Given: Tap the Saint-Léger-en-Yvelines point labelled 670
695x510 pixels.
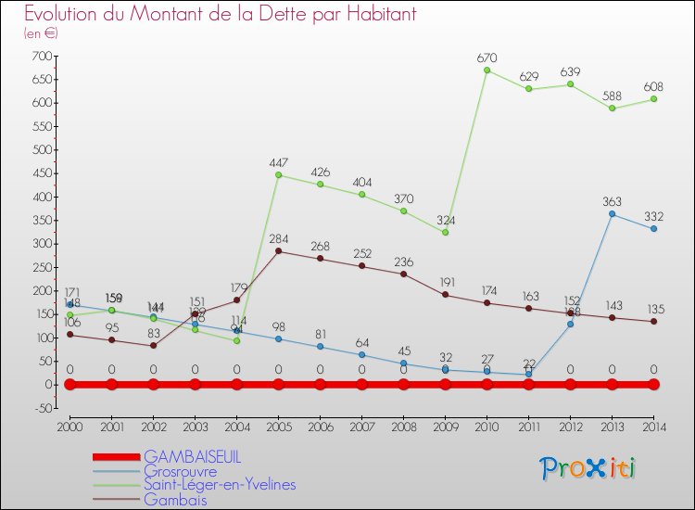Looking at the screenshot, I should coord(486,70).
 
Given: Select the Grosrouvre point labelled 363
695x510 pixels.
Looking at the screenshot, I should coord(612,214).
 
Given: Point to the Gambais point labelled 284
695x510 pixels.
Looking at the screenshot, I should coord(278,251).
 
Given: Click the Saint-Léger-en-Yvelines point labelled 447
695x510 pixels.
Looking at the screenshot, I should coord(278,175).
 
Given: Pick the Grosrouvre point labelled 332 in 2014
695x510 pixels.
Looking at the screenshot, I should coord(653,229).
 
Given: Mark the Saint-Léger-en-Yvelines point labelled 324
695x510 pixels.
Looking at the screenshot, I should coord(445,233).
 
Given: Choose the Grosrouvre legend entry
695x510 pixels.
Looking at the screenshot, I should coord(180,471).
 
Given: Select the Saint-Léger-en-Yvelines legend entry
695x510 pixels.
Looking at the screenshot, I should coord(219,485).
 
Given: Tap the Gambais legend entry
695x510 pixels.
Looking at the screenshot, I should coord(175,500).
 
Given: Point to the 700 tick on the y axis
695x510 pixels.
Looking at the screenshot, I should coord(40,56).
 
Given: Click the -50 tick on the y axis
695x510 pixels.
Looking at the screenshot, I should coord(40,408).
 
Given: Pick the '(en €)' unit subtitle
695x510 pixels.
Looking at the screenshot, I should coord(41,33).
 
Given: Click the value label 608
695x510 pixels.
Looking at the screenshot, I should coord(653,86).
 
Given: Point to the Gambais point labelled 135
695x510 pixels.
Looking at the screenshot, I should coord(653,322).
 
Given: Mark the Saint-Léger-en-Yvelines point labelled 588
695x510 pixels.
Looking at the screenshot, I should coord(612,108).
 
